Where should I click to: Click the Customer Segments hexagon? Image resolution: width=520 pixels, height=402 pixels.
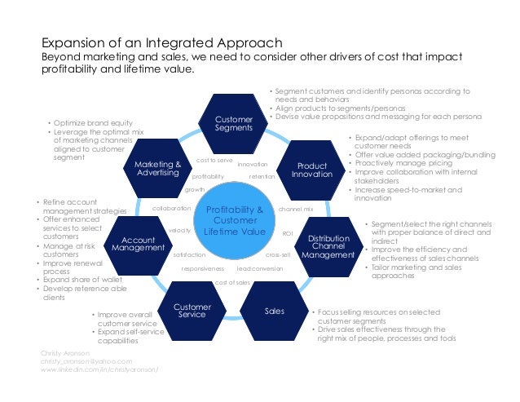(234, 123)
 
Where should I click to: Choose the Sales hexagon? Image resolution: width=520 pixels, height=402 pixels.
(275, 311)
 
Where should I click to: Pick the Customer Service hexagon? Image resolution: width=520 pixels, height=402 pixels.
(193, 311)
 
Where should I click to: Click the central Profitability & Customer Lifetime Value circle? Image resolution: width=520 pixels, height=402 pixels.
(234, 221)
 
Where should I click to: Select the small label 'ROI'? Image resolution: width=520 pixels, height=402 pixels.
(287, 233)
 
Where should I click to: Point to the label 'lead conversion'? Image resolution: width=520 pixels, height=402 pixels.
(259, 268)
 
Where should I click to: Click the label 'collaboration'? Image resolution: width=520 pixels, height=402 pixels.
(172, 209)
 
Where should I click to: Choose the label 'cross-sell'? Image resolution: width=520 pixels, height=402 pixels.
(278, 254)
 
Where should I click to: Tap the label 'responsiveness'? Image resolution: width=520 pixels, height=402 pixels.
(202, 268)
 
